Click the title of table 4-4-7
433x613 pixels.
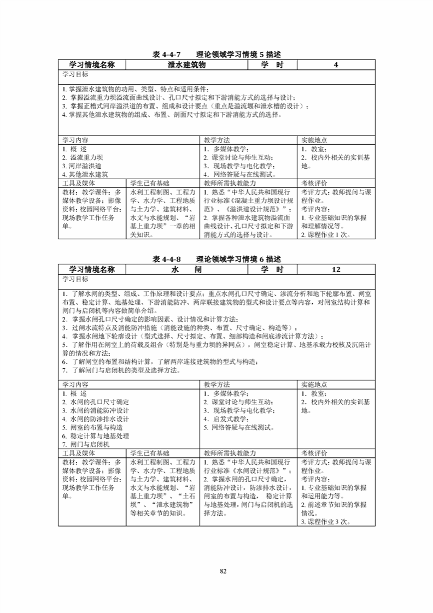216,54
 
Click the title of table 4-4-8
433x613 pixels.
216,258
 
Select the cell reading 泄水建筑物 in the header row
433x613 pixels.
186,64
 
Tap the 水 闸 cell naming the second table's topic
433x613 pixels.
186,269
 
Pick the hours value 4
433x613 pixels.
336,64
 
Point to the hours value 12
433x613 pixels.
336,269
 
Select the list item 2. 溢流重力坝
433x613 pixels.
83,157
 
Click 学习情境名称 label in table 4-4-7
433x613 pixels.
92,64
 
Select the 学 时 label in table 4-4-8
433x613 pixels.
272,269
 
